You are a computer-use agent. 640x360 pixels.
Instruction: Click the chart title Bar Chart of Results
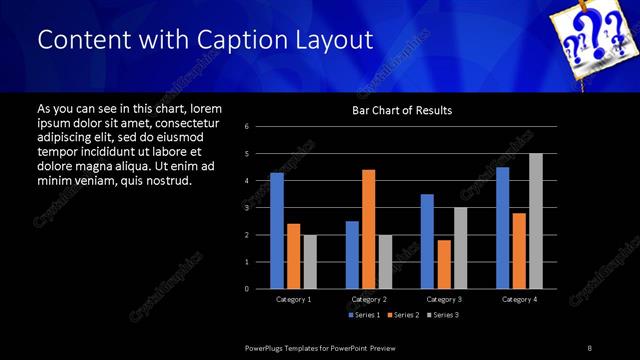[402, 110]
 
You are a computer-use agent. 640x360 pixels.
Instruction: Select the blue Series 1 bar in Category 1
[276, 230]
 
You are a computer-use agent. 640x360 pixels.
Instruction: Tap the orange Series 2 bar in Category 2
[368, 229]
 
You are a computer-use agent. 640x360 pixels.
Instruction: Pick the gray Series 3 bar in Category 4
[535, 221]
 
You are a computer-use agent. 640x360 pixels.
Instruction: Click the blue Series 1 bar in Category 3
[427, 241]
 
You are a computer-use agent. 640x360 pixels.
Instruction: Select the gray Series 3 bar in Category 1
[309, 261]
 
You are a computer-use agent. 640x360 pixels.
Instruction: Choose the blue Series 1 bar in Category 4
[502, 227]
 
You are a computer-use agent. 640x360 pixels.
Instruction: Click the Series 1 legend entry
[363, 314]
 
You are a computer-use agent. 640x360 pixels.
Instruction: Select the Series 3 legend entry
[442, 314]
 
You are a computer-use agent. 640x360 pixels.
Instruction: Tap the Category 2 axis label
[369, 299]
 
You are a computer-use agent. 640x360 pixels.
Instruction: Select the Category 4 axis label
[518, 299]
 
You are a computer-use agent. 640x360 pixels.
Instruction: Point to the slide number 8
[589, 346]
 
